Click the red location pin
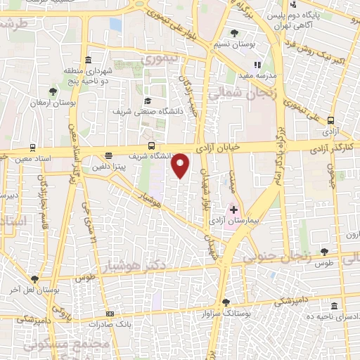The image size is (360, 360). coord(181,165)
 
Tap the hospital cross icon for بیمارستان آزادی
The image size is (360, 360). coord(233,210)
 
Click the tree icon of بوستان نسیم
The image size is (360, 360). coord(235,32)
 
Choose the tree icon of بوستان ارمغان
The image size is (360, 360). coord(53,91)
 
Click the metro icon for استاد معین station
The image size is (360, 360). coord(32,148)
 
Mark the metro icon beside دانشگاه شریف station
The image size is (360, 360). coord(108,156)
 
